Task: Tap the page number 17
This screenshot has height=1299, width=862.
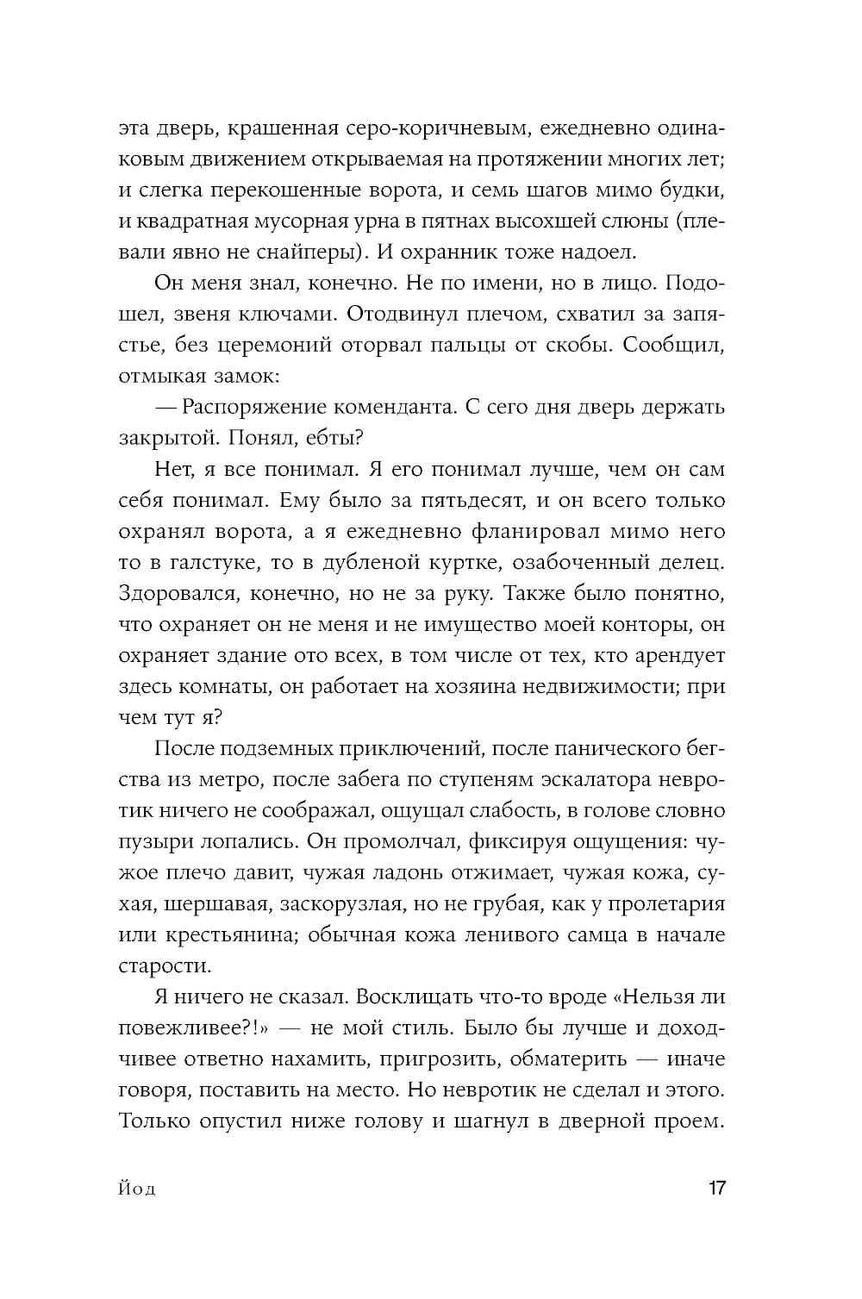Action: [717, 1189]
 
